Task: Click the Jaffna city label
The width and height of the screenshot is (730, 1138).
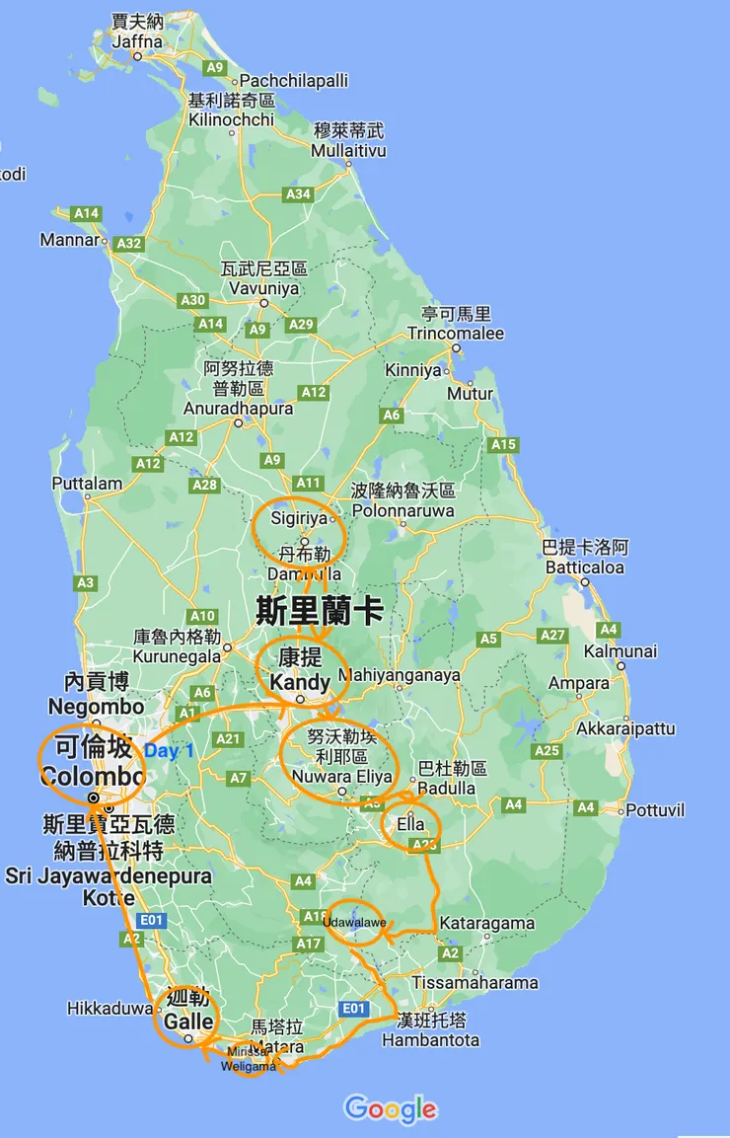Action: [137, 40]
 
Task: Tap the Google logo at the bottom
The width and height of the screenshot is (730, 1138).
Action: [391, 1108]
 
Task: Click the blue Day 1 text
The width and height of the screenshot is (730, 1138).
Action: [170, 751]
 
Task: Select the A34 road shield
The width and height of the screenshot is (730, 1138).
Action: [299, 194]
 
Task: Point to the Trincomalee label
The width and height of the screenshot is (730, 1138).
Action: [456, 334]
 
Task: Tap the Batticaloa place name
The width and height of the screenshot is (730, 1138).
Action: [585, 568]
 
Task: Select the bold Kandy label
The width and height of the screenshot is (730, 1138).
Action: [300, 682]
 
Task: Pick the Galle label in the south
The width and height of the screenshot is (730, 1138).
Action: [188, 1022]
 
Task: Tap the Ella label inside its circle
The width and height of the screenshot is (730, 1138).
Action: [410, 824]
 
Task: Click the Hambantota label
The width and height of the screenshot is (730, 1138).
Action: [430, 1040]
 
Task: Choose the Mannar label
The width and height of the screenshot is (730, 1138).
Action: [70, 240]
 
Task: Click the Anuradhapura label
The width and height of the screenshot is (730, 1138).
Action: [238, 409]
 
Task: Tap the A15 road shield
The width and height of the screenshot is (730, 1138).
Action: [503, 445]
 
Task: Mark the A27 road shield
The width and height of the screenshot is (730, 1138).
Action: [552, 635]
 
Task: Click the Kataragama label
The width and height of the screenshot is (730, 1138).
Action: [487, 924]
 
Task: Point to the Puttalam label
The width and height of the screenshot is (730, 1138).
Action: [87, 484]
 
